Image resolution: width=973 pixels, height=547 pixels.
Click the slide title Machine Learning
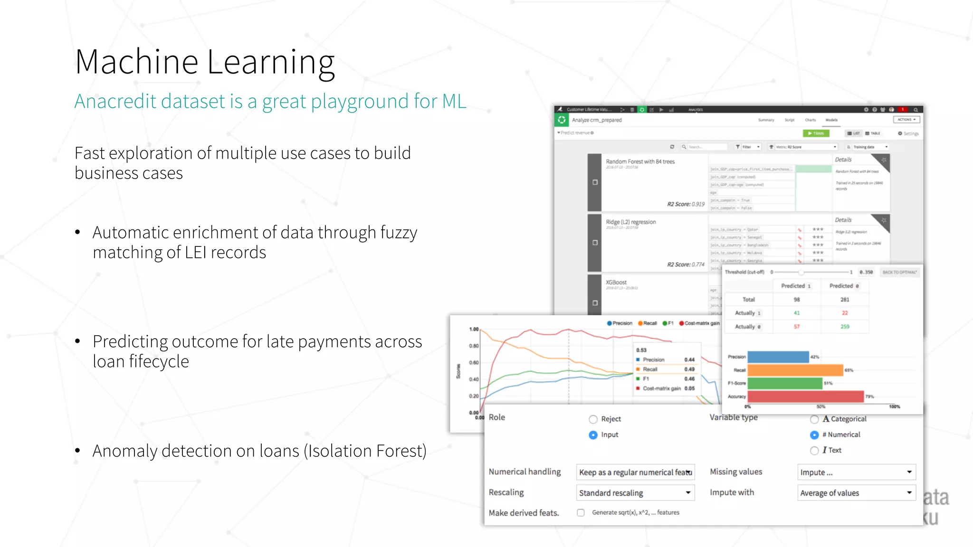tap(205, 62)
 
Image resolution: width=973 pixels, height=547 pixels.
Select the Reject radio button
tap(593, 419)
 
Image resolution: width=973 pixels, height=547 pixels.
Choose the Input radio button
tap(593, 435)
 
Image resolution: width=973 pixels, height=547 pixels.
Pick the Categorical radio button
tap(814, 419)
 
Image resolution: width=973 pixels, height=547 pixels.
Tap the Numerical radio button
tap(814, 435)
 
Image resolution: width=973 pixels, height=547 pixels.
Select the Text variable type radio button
tap(814, 451)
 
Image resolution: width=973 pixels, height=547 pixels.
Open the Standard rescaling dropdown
tap(635, 493)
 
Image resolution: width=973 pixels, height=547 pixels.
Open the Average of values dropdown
tap(856, 493)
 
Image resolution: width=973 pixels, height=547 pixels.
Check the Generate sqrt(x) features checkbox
tap(581, 513)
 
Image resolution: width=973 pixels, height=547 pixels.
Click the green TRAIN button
tap(816, 133)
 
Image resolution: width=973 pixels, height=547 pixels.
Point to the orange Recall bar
tap(795, 370)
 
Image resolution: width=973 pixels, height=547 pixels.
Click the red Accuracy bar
tap(805, 396)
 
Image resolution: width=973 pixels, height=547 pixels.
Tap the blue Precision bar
tap(778, 357)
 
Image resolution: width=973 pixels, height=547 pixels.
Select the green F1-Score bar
tap(784, 383)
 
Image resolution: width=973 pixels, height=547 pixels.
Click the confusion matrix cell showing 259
tap(845, 327)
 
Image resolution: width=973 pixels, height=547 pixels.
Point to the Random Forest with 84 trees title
tap(640, 162)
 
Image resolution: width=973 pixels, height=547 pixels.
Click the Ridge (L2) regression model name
tap(630, 222)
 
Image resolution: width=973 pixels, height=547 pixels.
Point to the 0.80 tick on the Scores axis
tap(474, 346)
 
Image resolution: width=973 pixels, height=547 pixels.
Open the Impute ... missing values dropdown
tap(856, 472)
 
